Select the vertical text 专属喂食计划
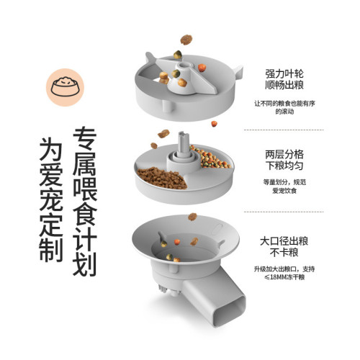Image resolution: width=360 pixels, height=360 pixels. (x=86, y=202)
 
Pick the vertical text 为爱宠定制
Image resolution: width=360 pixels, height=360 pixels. (x=50, y=202)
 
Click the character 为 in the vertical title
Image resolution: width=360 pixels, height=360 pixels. (x=50, y=149)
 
